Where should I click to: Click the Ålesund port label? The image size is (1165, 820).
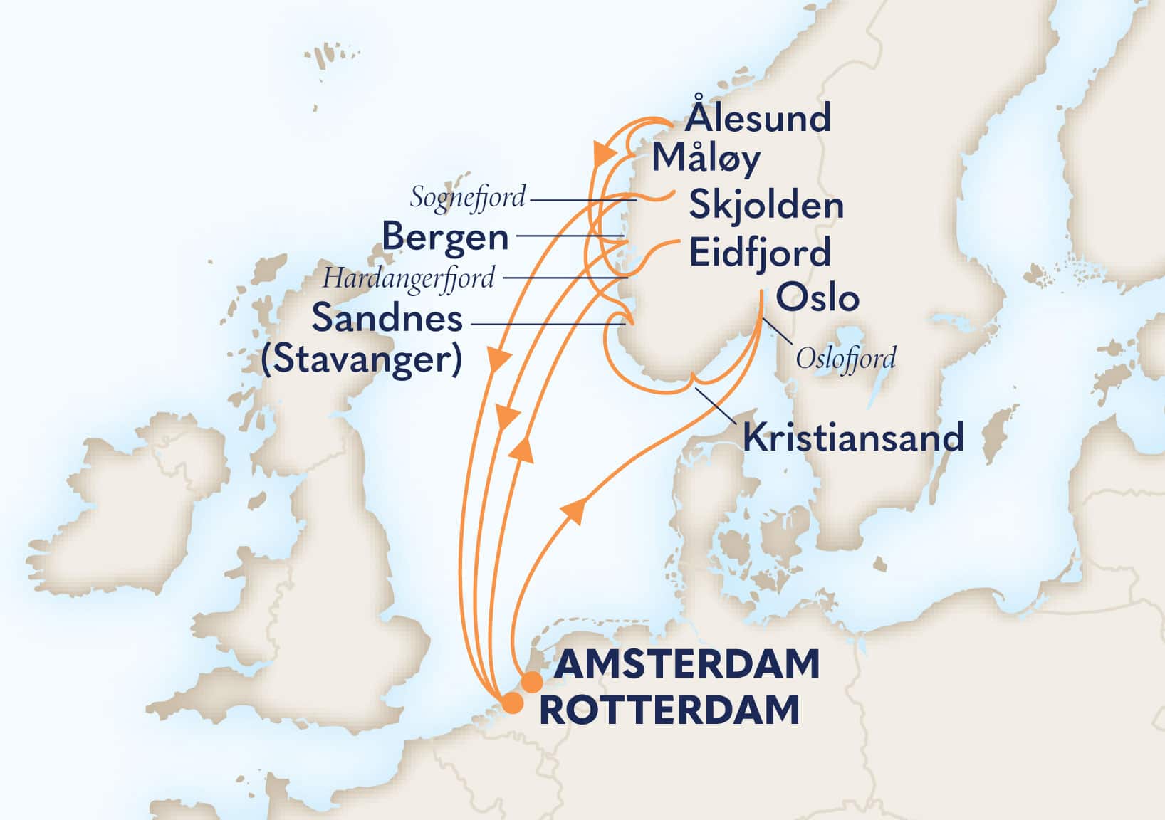[x=758, y=118]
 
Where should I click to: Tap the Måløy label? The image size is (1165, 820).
[x=706, y=159]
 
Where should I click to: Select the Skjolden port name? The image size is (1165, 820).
[x=766, y=206]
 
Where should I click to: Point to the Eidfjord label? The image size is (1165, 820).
[x=760, y=253]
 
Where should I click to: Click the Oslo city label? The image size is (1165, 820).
[x=817, y=298]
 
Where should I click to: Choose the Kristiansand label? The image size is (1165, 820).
[x=853, y=437]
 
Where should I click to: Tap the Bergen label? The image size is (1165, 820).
[x=446, y=238]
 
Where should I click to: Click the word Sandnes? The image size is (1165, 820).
[x=387, y=318]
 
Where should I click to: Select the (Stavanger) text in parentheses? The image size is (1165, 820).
[x=362, y=359]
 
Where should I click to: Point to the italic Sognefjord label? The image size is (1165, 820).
[x=468, y=197]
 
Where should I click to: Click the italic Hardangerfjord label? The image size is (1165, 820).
[x=408, y=278]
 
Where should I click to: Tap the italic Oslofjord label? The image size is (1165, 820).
[x=845, y=358]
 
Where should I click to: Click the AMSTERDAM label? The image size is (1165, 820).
[x=686, y=664]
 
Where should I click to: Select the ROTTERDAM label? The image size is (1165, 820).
[x=669, y=710]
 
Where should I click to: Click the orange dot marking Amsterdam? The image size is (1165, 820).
[x=531, y=682]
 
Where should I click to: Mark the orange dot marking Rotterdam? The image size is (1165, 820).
[x=512, y=704]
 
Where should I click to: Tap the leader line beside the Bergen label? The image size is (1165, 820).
[x=570, y=236]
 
